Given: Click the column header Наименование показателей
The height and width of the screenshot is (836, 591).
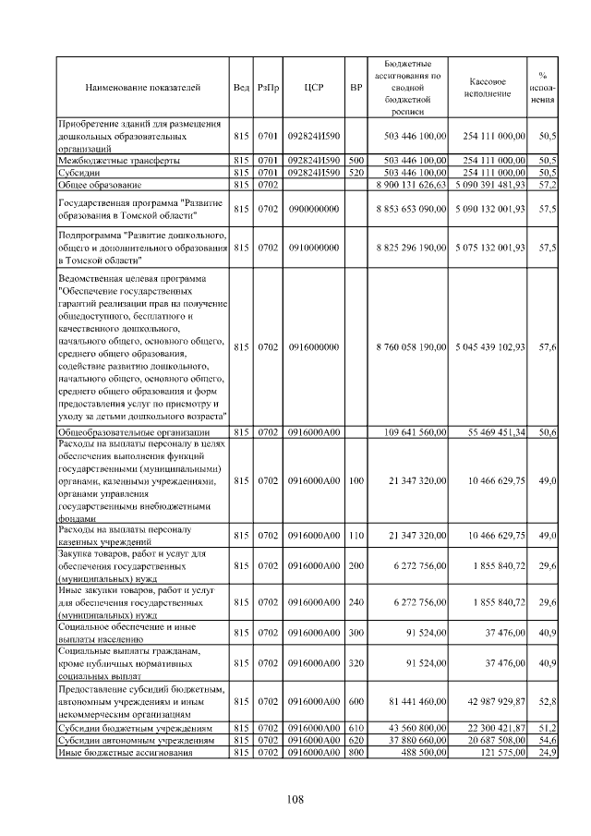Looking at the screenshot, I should point(142,87).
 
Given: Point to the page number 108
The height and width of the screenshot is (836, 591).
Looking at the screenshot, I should point(295,799).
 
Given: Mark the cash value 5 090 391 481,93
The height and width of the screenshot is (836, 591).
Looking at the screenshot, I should point(490,185).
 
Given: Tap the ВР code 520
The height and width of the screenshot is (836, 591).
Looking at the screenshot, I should point(356,172).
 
